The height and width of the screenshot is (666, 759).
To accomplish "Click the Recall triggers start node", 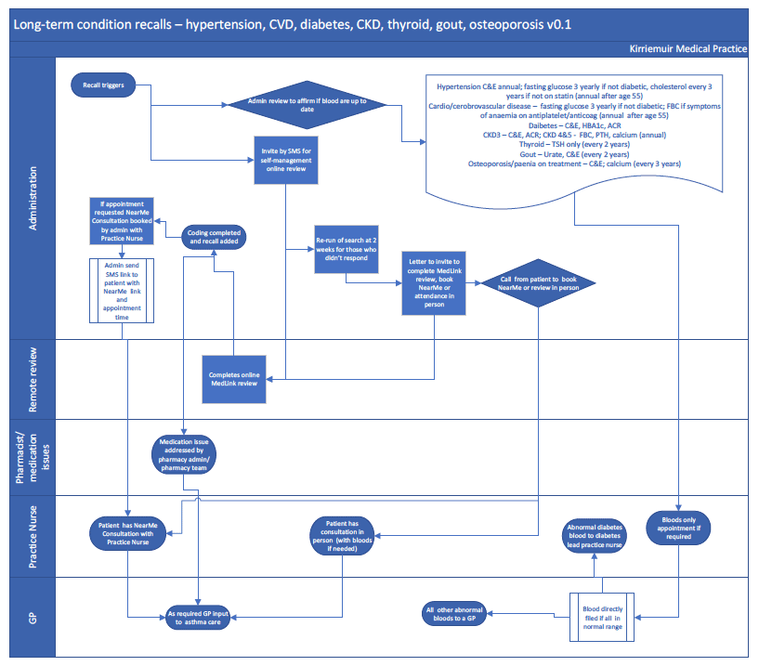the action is pos(103,85).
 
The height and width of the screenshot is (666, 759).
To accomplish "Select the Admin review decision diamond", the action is pos(307,105).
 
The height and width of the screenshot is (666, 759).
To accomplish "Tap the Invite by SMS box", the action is pos(286,160).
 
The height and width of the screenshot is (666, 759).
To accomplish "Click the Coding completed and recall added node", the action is pos(214,237).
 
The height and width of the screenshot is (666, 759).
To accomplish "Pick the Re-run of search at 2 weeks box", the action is pos(347,249).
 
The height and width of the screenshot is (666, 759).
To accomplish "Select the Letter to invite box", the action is pos(434,283).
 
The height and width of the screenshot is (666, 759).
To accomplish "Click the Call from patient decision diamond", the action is pos(538,283).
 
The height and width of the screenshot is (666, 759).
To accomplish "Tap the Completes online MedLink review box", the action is pos(234,380).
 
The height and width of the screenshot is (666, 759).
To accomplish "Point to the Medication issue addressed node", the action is pos(184,454).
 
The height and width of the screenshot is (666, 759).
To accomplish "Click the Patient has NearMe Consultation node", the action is pos(128,534).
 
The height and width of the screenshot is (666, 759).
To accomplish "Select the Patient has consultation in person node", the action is pos(342,536).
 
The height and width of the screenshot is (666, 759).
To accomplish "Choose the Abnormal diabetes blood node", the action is pos(595,536).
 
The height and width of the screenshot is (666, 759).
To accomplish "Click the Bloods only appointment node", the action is pos(678,528).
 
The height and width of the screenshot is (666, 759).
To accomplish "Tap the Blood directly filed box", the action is pos(602,618).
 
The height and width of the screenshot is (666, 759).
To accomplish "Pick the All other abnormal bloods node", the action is pos(454,614).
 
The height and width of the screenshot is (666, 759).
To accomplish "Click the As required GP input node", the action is pos(198,618).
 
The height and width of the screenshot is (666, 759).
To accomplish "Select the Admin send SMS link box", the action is pos(122,291).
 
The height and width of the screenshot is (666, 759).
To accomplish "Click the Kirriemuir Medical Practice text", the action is pos(687,49).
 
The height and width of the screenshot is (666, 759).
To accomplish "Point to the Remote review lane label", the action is pos(33,380).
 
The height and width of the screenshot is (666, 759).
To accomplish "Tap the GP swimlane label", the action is pos(33,618).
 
